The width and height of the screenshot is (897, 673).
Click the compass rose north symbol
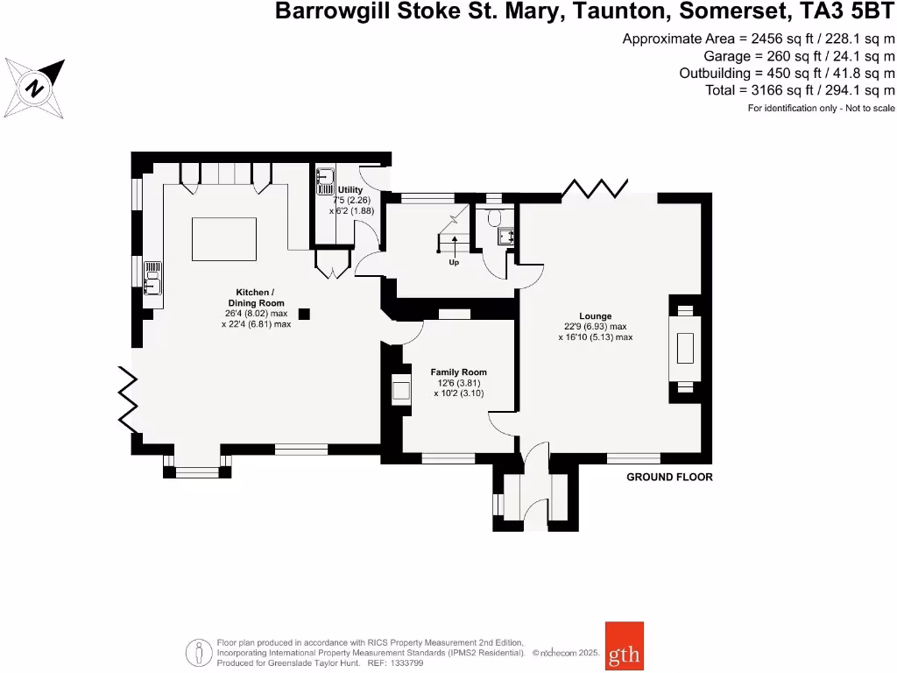(x=36, y=89)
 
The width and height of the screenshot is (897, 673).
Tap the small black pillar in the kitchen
(x=304, y=314)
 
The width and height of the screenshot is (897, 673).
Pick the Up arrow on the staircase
(x=454, y=249)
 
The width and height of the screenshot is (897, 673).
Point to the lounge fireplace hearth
(x=685, y=349)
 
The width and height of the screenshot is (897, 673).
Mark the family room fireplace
(x=401, y=389)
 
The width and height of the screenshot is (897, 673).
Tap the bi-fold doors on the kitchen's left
(x=129, y=399)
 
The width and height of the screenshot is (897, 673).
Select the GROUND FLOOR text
(x=669, y=478)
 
